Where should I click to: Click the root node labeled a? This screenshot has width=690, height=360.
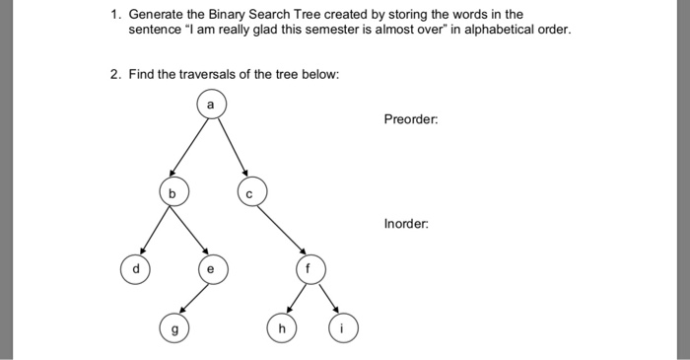tap(210, 103)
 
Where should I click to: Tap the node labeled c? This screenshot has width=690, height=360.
tap(248, 193)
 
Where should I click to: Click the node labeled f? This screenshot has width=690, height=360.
tap(308, 266)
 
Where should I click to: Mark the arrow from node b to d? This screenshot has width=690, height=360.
tap(155, 230)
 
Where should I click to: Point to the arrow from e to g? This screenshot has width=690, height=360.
tap(192, 298)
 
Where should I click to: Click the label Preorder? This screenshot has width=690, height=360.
tap(411, 119)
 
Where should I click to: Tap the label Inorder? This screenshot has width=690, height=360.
tap(406, 224)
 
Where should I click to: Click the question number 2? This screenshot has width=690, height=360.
tap(114, 75)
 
